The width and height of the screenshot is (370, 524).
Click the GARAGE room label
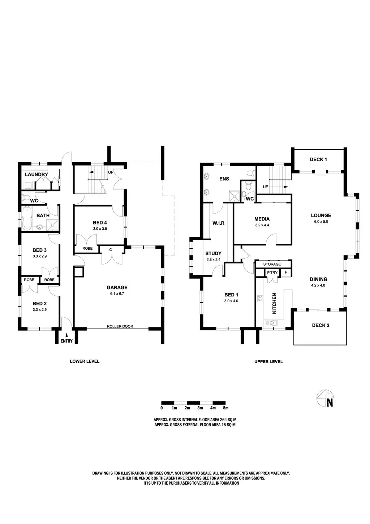click(117, 288)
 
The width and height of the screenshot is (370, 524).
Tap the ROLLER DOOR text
click(120, 326)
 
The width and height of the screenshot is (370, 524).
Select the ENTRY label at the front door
click(66, 341)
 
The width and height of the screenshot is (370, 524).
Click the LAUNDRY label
click(36, 175)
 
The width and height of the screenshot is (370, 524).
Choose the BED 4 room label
click(100, 223)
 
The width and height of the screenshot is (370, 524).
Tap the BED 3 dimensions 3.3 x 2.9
click(40, 256)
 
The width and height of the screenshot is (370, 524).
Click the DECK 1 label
click(318, 159)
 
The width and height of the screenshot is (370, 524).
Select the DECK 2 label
click(320, 325)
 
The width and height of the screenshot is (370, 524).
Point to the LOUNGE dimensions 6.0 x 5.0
click(321, 222)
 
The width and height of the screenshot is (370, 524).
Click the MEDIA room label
click(262, 219)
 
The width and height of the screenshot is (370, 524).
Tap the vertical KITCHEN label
click(274, 303)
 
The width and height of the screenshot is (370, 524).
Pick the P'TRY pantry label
click(272, 272)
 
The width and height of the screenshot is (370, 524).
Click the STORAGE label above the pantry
click(272, 264)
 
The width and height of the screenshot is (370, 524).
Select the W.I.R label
click(218, 223)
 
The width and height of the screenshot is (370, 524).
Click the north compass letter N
click(330, 403)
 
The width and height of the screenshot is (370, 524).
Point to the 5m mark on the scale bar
click(226, 408)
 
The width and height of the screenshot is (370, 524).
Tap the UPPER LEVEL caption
click(268, 361)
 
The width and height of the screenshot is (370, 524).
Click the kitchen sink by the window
click(270, 323)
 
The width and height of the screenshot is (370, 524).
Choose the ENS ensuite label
click(224, 179)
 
